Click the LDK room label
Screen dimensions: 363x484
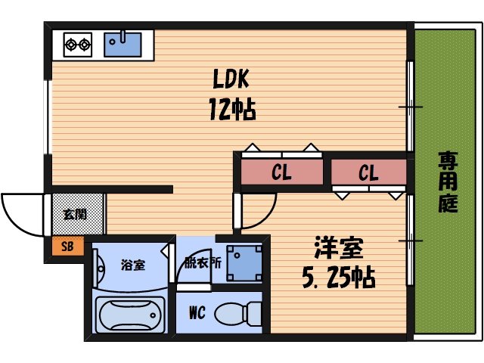click(x=226, y=79)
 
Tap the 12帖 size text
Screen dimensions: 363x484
click(x=231, y=110)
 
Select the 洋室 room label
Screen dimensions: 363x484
click(x=338, y=247)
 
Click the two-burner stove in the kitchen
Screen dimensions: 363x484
click(x=76, y=44)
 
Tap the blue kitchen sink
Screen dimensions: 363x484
click(x=123, y=43)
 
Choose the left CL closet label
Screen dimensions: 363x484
click(x=281, y=173)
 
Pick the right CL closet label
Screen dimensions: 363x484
click(x=368, y=173)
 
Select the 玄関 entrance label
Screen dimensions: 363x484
click(x=74, y=214)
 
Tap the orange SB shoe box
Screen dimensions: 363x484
click(x=67, y=246)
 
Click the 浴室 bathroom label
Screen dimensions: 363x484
click(x=133, y=265)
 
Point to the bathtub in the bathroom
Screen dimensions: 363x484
click(x=129, y=313)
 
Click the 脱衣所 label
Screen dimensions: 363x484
click(x=203, y=264)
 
